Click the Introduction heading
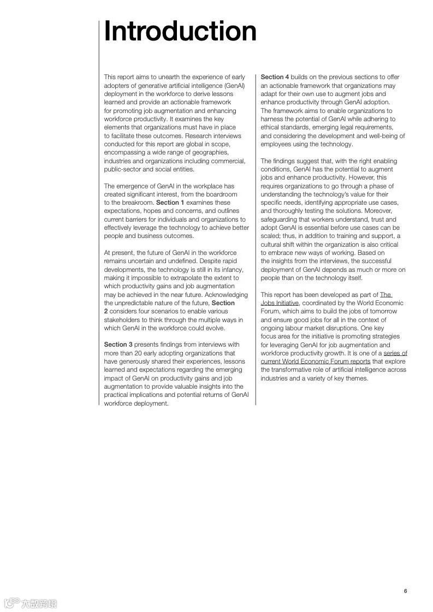180,31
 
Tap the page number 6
406,591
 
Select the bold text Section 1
170,203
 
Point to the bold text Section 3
118,344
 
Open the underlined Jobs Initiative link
280,303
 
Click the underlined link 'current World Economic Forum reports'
315,361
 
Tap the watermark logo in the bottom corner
30,603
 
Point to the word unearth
168,77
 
